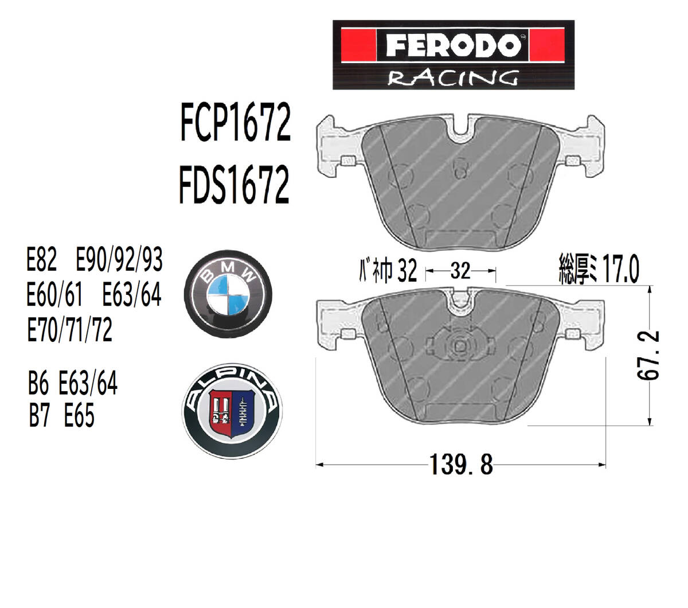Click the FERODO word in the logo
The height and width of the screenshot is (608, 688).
[x=453, y=45]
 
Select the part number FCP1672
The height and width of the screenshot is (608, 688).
[x=235, y=122]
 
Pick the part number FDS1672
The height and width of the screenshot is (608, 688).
[x=234, y=184]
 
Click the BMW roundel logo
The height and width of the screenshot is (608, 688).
[x=228, y=295]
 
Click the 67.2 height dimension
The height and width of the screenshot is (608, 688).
[x=648, y=356]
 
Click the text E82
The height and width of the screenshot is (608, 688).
[x=42, y=259]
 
